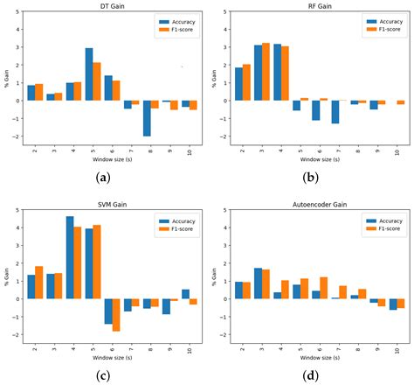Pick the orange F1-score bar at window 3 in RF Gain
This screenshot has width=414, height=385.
(266, 72)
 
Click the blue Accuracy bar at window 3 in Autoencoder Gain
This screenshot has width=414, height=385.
(258, 283)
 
